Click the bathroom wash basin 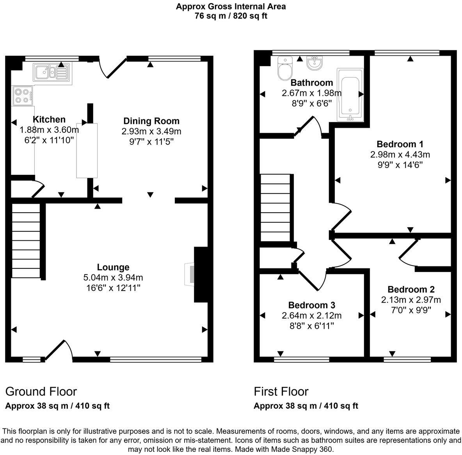coord(314,63)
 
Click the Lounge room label coord(113,267)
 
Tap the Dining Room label coord(151,121)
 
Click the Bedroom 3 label coord(311,305)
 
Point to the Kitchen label coord(49,119)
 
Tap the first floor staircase coord(275,208)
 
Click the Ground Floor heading coord(41,391)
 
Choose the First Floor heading coord(281,391)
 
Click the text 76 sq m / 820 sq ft coord(231,16)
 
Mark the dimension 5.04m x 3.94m coord(113,277)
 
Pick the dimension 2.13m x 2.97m coord(411,300)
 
